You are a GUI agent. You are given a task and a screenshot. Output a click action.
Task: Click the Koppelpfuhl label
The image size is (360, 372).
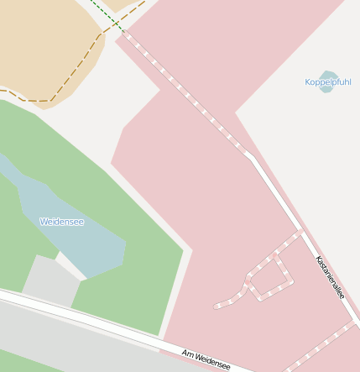point(328,82)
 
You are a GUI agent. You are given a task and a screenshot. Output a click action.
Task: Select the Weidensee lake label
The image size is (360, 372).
point(61,222)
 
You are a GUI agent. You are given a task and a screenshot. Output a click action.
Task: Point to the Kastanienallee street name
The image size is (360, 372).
point(330,277)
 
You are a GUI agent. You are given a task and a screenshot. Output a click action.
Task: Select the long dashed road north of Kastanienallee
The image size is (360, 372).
point(185,92)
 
